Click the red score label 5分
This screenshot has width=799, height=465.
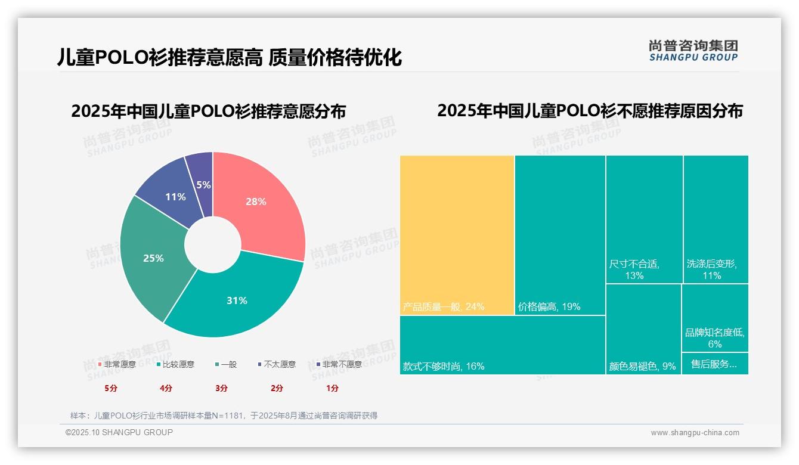111,388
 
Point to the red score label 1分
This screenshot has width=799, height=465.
332,388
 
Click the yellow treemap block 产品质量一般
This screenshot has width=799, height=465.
457,235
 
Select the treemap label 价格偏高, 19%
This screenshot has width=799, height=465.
549,307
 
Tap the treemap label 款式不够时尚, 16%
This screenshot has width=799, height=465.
444,367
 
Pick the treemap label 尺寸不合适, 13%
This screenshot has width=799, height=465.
634,269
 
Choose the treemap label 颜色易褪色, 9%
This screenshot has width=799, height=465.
643,367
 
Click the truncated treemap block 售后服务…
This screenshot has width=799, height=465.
714,364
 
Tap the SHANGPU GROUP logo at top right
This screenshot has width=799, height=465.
693,51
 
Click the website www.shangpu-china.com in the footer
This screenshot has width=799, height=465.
695,433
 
